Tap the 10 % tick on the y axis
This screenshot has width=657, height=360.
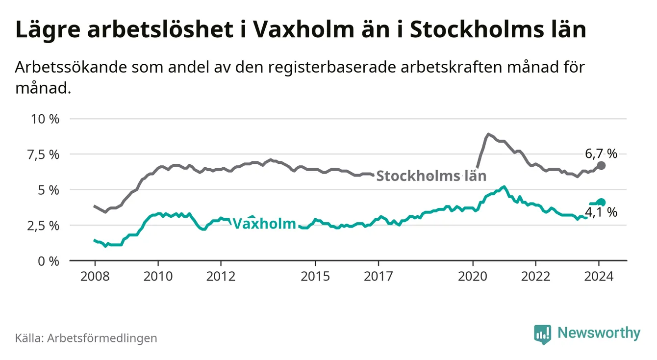coord(45,119)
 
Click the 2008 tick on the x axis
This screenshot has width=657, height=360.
coord(94,276)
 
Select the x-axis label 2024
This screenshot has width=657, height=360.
coord(599,276)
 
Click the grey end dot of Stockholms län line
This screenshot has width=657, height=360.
coord(602,166)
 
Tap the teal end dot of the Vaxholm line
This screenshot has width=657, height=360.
coord(602,202)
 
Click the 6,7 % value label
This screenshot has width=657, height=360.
coord(601,154)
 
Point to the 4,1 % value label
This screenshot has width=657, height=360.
coord(601,212)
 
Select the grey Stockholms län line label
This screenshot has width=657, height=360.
coord(431,176)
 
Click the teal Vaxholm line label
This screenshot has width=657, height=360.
coord(264,224)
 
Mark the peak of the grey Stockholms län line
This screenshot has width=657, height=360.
coord(488,133)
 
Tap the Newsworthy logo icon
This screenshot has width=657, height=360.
coord(542,334)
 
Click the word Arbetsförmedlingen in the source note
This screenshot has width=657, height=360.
coord(102,338)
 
